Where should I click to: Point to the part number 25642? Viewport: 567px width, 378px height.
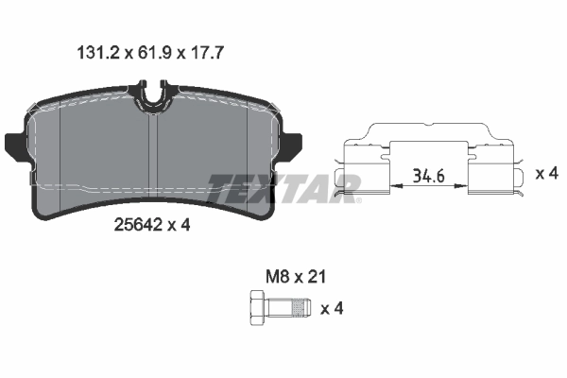(x=136, y=226)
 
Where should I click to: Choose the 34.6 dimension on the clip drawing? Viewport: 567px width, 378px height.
(x=429, y=175)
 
